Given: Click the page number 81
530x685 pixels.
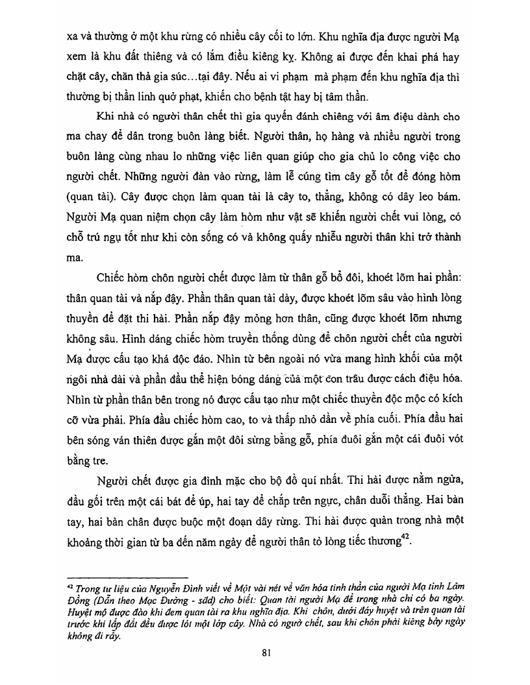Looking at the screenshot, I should [266, 653].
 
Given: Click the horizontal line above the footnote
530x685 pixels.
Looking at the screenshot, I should [127, 576].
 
